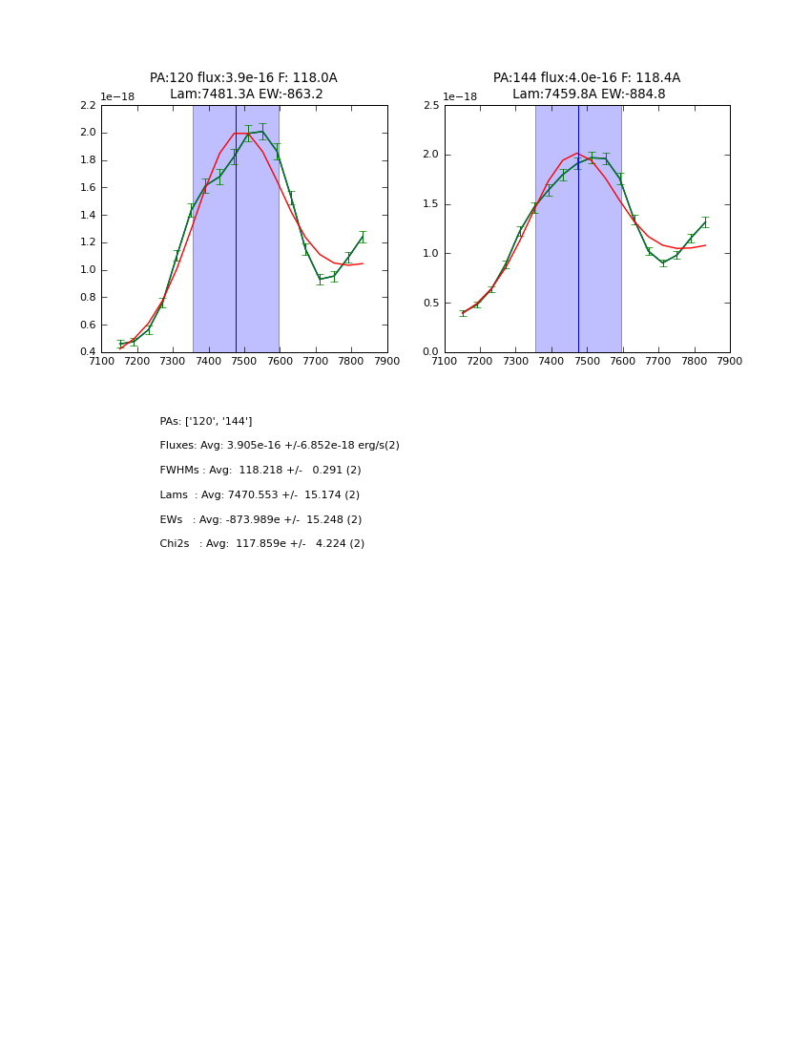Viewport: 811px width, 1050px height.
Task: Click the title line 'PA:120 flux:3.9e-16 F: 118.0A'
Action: click(243, 78)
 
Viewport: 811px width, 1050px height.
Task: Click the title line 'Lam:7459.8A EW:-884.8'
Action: click(589, 94)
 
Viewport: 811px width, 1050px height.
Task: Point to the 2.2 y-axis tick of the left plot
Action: click(87, 105)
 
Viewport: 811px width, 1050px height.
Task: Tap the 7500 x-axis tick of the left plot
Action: click(244, 362)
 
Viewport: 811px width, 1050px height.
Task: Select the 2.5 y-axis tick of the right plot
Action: click(431, 105)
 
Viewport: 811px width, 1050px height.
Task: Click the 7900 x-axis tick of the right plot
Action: click(730, 362)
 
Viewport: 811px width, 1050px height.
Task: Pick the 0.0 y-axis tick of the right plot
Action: click(431, 352)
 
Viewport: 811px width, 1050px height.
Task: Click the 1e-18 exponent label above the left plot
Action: click(117, 97)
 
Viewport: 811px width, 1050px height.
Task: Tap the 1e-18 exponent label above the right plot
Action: click(460, 97)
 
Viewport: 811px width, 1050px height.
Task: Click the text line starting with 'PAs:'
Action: click(206, 422)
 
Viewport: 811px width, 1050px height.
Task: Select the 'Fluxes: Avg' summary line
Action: click(280, 446)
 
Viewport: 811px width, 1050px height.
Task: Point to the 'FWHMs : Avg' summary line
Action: click(260, 471)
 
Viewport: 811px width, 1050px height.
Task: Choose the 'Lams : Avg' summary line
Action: click(260, 495)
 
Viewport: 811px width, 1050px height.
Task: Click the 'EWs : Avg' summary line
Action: click(260, 520)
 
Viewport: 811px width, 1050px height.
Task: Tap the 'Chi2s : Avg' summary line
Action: click(262, 544)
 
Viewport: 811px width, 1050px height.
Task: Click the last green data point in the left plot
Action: click(363, 237)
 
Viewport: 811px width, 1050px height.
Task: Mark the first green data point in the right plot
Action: click(463, 313)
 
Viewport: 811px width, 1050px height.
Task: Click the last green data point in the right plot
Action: click(705, 222)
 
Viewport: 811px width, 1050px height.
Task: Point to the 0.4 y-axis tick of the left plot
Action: click(87, 352)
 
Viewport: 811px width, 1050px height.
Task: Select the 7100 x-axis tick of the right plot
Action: click(445, 362)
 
